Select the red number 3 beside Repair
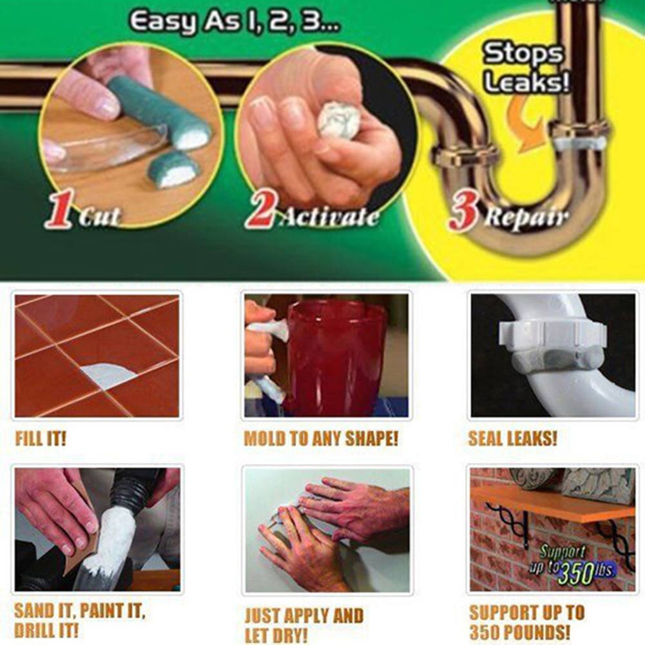(x=463, y=214)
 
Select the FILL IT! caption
(x=40, y=439)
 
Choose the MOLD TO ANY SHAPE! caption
(x=321, y=439)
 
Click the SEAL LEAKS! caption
(x=512, y=439)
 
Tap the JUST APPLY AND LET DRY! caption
(x=303, y=624)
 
